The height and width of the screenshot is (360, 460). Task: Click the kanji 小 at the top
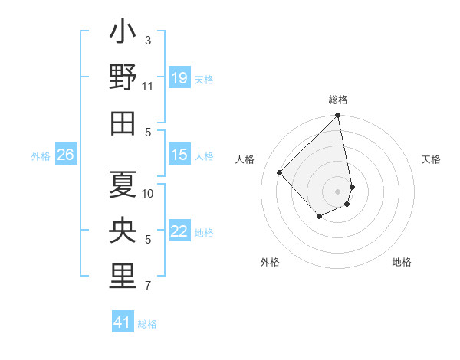point(123,35)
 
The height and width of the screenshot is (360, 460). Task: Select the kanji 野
point(123,77)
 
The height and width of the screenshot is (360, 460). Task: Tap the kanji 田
point(123,121)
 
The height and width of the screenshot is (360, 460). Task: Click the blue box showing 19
point(179,78)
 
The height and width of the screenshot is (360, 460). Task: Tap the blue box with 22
point(179,231)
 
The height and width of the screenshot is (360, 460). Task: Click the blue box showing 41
point(123,322)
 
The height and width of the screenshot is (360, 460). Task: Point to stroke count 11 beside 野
point(148,87)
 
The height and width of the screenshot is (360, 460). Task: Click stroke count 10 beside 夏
point(148,193)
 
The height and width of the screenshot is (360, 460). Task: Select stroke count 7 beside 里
point(148,286)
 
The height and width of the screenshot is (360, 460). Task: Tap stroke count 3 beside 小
point(148,40)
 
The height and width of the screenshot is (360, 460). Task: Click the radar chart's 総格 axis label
point(338,100)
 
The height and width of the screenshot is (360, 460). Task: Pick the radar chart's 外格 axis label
point(270,262)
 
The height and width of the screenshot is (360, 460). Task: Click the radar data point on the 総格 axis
point(338,116)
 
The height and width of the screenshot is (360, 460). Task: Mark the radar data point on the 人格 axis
point(280,172)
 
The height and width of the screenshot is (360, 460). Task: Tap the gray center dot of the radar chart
point(338,191)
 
